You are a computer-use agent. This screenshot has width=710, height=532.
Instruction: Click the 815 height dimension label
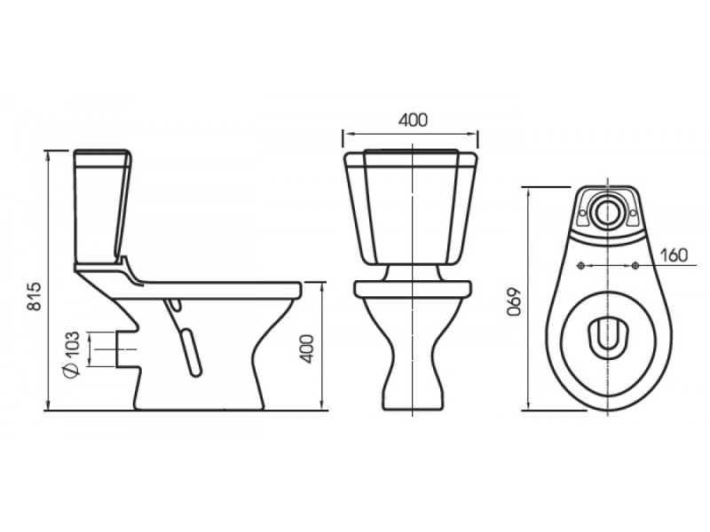coord(35,296)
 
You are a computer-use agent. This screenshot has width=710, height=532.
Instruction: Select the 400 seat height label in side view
coord(307,348)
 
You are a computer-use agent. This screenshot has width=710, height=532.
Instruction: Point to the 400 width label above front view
coord(413,120)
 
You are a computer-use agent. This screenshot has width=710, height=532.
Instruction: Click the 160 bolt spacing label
coord(674,255)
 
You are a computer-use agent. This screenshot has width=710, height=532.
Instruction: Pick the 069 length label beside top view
coord(515,301)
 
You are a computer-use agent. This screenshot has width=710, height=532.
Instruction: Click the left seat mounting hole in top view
coord(581,266)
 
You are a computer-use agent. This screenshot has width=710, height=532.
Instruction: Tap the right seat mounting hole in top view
coord(635,266)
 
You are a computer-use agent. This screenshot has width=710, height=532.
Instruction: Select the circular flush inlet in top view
coord(608,212)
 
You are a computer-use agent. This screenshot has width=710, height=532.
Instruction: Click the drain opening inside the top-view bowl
coord(608,336)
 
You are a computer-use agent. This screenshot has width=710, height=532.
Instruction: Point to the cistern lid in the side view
coord(102,153)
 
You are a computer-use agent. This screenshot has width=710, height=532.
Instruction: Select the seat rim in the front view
coord(413,289)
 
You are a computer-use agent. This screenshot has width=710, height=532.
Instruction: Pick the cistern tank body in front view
coord(412,208)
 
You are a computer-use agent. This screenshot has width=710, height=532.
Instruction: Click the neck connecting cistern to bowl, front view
coord(413,273)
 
